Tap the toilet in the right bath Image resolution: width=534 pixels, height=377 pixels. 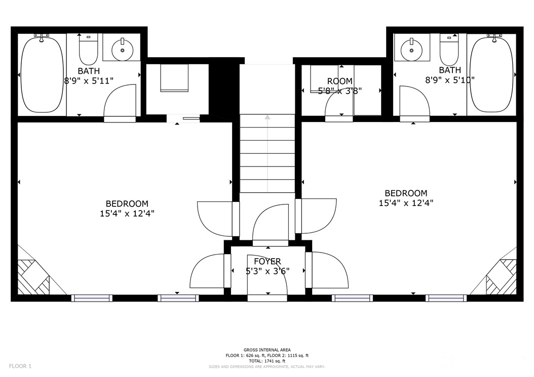449,49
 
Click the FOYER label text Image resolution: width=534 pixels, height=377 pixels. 267,261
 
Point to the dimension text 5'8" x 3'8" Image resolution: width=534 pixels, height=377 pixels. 339,91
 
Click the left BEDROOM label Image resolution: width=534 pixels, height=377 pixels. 127,203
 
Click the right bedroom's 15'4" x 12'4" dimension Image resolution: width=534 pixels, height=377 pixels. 406,203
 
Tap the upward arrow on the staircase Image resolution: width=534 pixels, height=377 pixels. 267,118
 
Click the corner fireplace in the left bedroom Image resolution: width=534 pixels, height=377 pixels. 33,277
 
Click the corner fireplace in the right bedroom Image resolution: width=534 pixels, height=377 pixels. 501,277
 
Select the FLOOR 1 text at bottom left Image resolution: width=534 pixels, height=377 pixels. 20,366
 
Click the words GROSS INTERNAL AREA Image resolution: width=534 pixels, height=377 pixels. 267,350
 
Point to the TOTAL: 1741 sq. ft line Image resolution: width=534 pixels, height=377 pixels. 267,361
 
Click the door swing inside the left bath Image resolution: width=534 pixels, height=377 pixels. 122,101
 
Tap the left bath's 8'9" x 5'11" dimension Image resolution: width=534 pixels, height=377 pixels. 89,80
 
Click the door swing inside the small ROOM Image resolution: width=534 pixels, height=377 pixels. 338,104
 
